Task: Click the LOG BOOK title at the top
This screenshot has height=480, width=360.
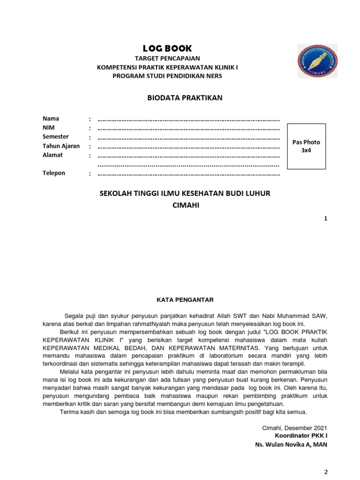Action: point(167,48)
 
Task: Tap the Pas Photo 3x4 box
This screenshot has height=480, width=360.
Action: point(306,146)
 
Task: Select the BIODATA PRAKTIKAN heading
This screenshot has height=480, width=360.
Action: point(185,97)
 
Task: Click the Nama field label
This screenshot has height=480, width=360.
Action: point(51,119)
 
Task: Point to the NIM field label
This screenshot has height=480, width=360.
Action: point(49,127)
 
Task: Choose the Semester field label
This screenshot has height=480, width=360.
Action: point(56,136)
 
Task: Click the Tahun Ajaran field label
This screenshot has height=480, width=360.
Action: point(61,146)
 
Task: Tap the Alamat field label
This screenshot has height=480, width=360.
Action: point(52,155)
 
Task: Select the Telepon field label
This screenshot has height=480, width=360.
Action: point(54,173)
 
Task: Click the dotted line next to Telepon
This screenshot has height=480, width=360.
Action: point(188,174)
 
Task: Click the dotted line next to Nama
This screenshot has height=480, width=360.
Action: point(188,120)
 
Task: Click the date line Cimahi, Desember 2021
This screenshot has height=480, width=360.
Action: point(294,427)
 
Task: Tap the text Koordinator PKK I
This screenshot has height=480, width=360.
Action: point(301,436)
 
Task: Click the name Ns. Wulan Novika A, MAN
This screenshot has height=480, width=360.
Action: point(291,444)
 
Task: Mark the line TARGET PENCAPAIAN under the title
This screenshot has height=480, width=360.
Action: point(167,59)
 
